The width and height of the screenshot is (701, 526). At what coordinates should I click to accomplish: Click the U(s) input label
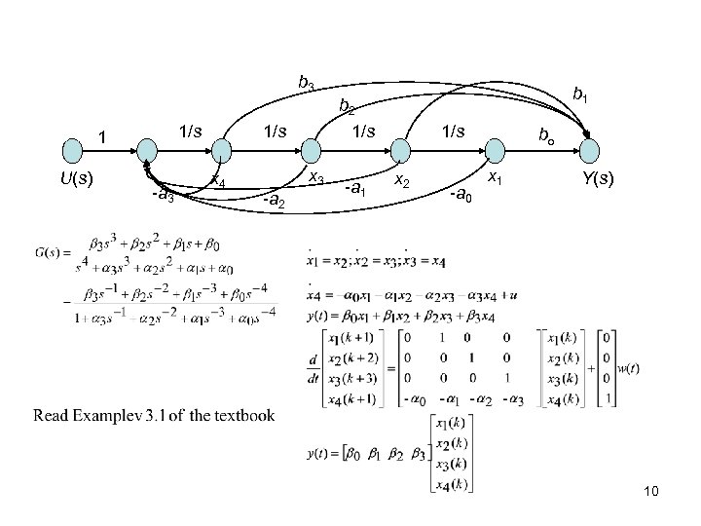tap(76, 179)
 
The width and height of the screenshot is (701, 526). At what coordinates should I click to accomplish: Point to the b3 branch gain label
tap(306, 84)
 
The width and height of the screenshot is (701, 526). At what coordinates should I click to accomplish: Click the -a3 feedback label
tap(163, 196)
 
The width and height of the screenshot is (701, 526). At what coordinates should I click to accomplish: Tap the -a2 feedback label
tap(273, 202)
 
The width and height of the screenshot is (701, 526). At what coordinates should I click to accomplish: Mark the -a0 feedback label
tap(459, 198)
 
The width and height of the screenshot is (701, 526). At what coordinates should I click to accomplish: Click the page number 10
tap(651, 494)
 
